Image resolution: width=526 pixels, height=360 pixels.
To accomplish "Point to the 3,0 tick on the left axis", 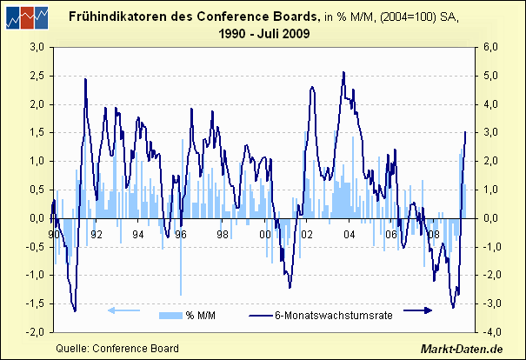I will [37, 48].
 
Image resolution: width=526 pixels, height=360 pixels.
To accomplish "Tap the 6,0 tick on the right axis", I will [490, 48].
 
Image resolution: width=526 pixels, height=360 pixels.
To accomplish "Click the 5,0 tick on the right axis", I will [490, 77].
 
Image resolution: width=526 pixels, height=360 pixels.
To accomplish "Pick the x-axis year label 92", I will [97, 234].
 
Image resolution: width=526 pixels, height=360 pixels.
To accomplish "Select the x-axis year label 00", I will [265, 234].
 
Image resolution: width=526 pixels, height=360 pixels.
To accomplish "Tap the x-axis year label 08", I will [434, 234].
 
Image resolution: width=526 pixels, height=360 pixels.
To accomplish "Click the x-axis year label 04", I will [350, 234].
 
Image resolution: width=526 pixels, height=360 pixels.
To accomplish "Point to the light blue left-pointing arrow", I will [123, 310].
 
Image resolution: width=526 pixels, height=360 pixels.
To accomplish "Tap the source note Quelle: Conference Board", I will [117, 349].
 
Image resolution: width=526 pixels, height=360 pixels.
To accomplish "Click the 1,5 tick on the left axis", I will [37, 133].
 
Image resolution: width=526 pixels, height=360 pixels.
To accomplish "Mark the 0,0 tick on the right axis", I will [490, 218].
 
